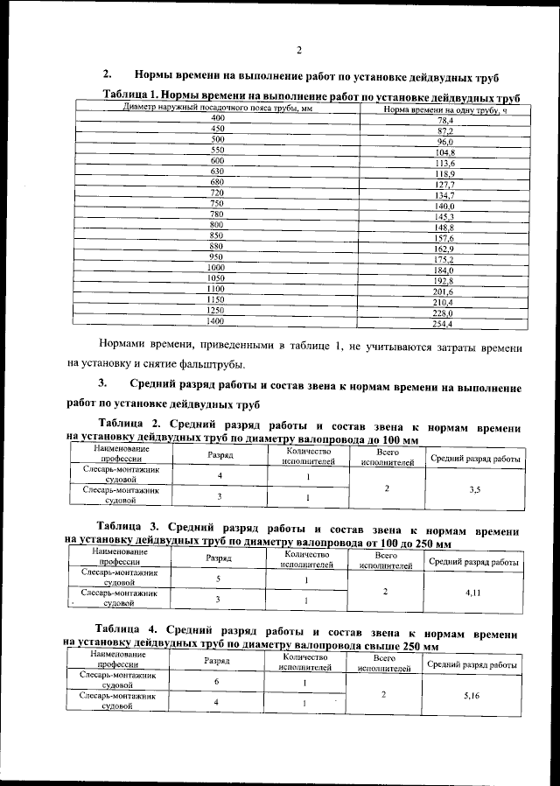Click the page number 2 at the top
298,50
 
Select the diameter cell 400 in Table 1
218,117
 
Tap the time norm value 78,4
445,120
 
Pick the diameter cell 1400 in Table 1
215,322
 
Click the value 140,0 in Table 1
445,206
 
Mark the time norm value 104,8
445,152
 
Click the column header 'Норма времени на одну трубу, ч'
445,109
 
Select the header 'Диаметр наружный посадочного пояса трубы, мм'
218,108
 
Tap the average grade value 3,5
474,490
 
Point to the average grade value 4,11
473,593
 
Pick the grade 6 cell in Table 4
216,681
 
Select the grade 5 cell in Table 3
217,579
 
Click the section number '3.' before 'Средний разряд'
102,383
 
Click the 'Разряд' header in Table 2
220,456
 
